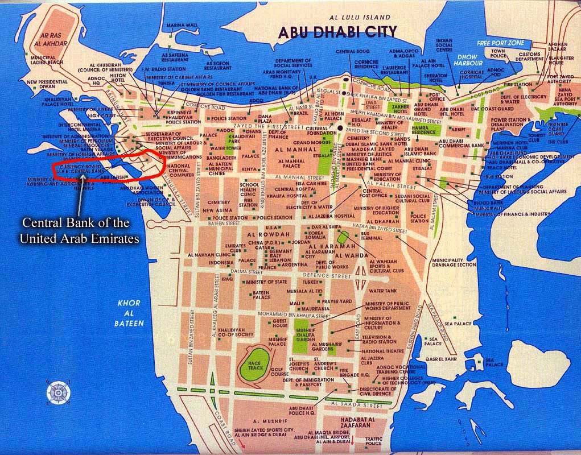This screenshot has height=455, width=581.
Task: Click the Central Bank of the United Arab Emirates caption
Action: [x=79, y=230]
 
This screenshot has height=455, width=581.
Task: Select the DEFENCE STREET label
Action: [x=326, y=276]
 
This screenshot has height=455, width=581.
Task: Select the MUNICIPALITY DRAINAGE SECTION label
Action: [x=450, y=261]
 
